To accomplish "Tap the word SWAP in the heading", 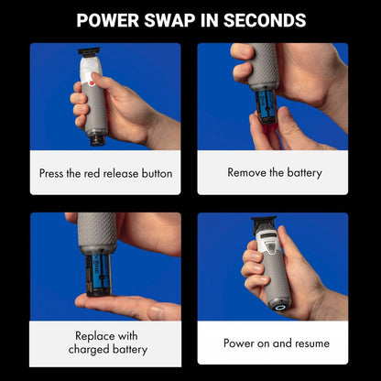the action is [x=169, y=20].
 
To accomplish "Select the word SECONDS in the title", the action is [x=265, y=20].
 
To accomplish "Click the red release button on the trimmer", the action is [x=92, y=83].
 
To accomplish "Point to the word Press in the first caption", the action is [x=51, y=173].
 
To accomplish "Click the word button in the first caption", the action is [x=157, y=173].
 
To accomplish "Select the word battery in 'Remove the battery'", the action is [x=304, y=173].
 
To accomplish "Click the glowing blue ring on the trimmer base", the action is [x=279, y=307].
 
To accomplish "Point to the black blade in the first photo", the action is [x=89, y=52].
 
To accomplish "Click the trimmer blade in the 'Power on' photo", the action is [x=264, y=222].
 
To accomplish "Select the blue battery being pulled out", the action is [x=265, y=105].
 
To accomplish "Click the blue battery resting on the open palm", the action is [x=98, y=276].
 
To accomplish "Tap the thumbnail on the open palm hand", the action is [x=156, y=312].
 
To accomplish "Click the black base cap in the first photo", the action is [x=98, y=140].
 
